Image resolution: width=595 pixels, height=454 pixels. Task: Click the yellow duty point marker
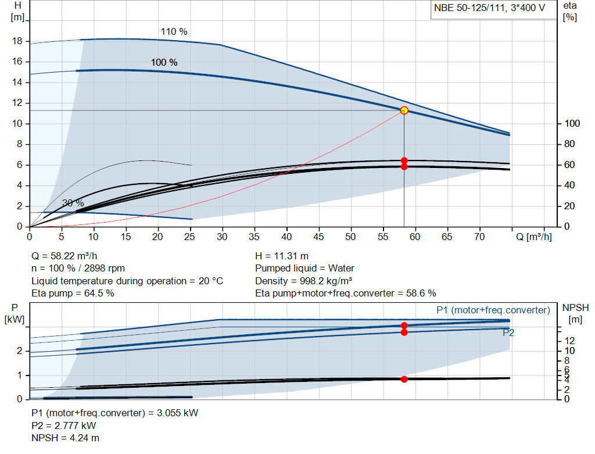click(404, 110)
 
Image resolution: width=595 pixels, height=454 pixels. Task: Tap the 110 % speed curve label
click(174, 31)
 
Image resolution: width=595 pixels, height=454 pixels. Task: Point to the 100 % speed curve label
click(164, 62)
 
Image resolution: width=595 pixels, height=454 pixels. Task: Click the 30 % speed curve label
click(73, 203)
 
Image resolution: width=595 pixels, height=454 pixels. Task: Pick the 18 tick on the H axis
click(17, 41)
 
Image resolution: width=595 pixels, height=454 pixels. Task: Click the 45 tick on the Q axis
click(318, 237)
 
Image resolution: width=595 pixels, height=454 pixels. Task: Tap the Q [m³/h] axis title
click(534, 237)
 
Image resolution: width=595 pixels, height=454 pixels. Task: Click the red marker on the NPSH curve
click(404, 379)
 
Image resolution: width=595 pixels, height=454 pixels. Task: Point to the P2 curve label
click(508, 333)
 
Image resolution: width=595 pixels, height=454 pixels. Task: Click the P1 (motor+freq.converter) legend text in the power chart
click(493, 310)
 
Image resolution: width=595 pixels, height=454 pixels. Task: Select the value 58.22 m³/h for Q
click(74, 256)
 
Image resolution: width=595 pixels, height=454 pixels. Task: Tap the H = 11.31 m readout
click(282, 256)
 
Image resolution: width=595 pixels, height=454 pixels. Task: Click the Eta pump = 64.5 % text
click(73, 293)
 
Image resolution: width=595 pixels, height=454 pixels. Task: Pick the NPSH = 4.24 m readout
click(65, 438)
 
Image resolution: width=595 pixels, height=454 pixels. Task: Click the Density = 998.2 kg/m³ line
click(303, 281)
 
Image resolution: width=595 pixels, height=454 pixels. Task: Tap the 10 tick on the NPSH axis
click(569, 351)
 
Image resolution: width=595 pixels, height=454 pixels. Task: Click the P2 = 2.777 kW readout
click(64, 426)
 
